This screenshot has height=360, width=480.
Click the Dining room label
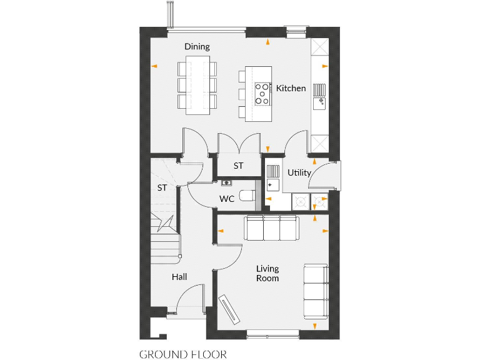pyautogui.click(x=197, y=47)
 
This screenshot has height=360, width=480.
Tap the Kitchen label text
pyautogui.click(x=291, y=88)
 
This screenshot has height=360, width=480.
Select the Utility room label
pyautogui.click(x=299, y=172)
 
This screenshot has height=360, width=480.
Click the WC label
pyautogui.click(x=226, y=199)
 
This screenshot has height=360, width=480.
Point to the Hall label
pyautogui.click(x=179, y=277)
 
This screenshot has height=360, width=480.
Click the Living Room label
pyautogui.click(x=267, y=273)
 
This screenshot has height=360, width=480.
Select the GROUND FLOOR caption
pyautogui.click(x=182, y=354)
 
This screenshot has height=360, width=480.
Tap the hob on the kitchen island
pyautogui.click(x=262, y=94)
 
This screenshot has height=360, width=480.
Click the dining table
pyautogui.click(x=197, y=85)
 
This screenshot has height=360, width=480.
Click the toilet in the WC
pyautogui.click(x=248, y=195)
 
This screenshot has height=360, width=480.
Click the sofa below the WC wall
pyautogui.click(x=271, y=228)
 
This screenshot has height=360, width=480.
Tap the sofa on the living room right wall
pyautogui.click(x=315, y=290)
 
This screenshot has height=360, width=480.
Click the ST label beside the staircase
pyautogui.click(x=162, y=187)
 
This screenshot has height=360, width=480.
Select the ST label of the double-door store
pyautogui.click(x=238, y=166)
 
